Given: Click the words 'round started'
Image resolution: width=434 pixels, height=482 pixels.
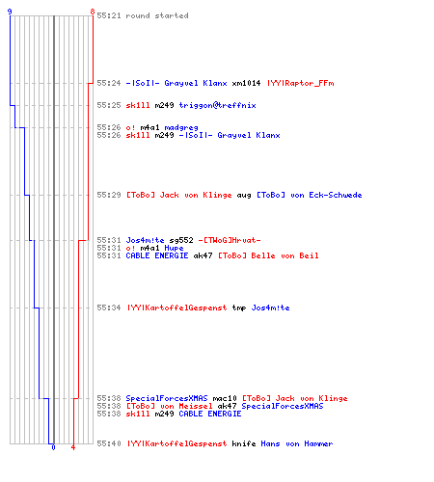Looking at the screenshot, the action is pos(157,15).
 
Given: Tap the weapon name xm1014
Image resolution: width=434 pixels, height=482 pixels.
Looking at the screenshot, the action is pos(246,83).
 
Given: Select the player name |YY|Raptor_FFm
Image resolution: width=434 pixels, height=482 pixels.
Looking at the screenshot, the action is pos(300,83).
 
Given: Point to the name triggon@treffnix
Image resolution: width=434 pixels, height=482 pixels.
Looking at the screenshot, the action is pos(217,105).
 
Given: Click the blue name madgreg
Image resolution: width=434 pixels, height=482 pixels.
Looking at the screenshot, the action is pos(181,127).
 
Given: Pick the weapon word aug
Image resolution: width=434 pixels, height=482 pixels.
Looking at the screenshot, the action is pos(244,196).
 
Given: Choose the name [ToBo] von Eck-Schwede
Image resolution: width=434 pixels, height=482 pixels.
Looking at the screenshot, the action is pos(309,195).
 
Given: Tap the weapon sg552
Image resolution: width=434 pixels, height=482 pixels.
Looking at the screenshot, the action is pos(181,240).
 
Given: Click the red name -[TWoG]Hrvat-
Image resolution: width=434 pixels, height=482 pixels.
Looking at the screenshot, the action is pos(230,240).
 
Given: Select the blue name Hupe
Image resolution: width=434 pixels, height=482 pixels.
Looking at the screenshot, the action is pos(174,248).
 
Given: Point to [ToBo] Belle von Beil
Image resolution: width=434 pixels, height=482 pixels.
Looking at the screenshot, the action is pos(268,255).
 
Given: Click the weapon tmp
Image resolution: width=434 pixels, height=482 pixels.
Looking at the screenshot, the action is pos(239,308).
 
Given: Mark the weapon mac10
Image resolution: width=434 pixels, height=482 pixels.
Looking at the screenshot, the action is pos(225,398).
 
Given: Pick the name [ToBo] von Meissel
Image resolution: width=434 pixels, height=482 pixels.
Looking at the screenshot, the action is pos(169,406).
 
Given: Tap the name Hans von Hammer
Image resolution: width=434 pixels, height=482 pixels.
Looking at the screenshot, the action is pos(297,443).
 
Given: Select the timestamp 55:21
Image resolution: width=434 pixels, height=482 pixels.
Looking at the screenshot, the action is pos(109,15).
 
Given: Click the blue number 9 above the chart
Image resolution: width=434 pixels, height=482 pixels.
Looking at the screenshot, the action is pos(10,12).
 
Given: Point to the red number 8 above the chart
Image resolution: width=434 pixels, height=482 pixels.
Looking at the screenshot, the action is pos(93,12).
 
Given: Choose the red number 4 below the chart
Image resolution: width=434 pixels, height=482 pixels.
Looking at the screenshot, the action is pos(73,447).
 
